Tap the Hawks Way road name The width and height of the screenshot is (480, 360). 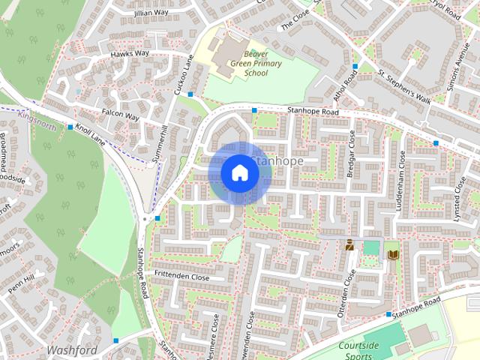point(130,54)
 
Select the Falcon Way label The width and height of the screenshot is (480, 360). point(121,116)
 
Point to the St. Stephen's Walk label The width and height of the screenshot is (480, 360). point(404,86)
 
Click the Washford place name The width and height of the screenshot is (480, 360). point(72,349)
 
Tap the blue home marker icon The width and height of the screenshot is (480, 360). point(239,172)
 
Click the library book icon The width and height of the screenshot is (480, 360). point(391,255)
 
